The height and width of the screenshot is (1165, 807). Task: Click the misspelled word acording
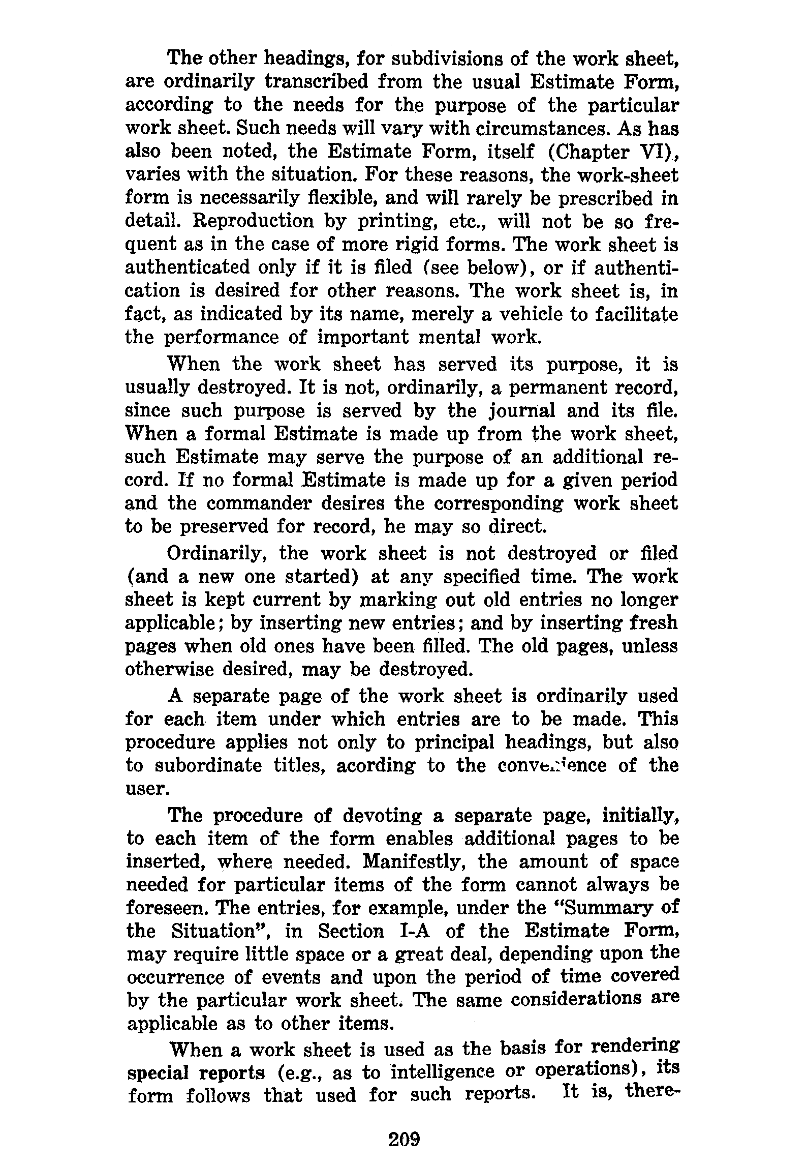(376, 766)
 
